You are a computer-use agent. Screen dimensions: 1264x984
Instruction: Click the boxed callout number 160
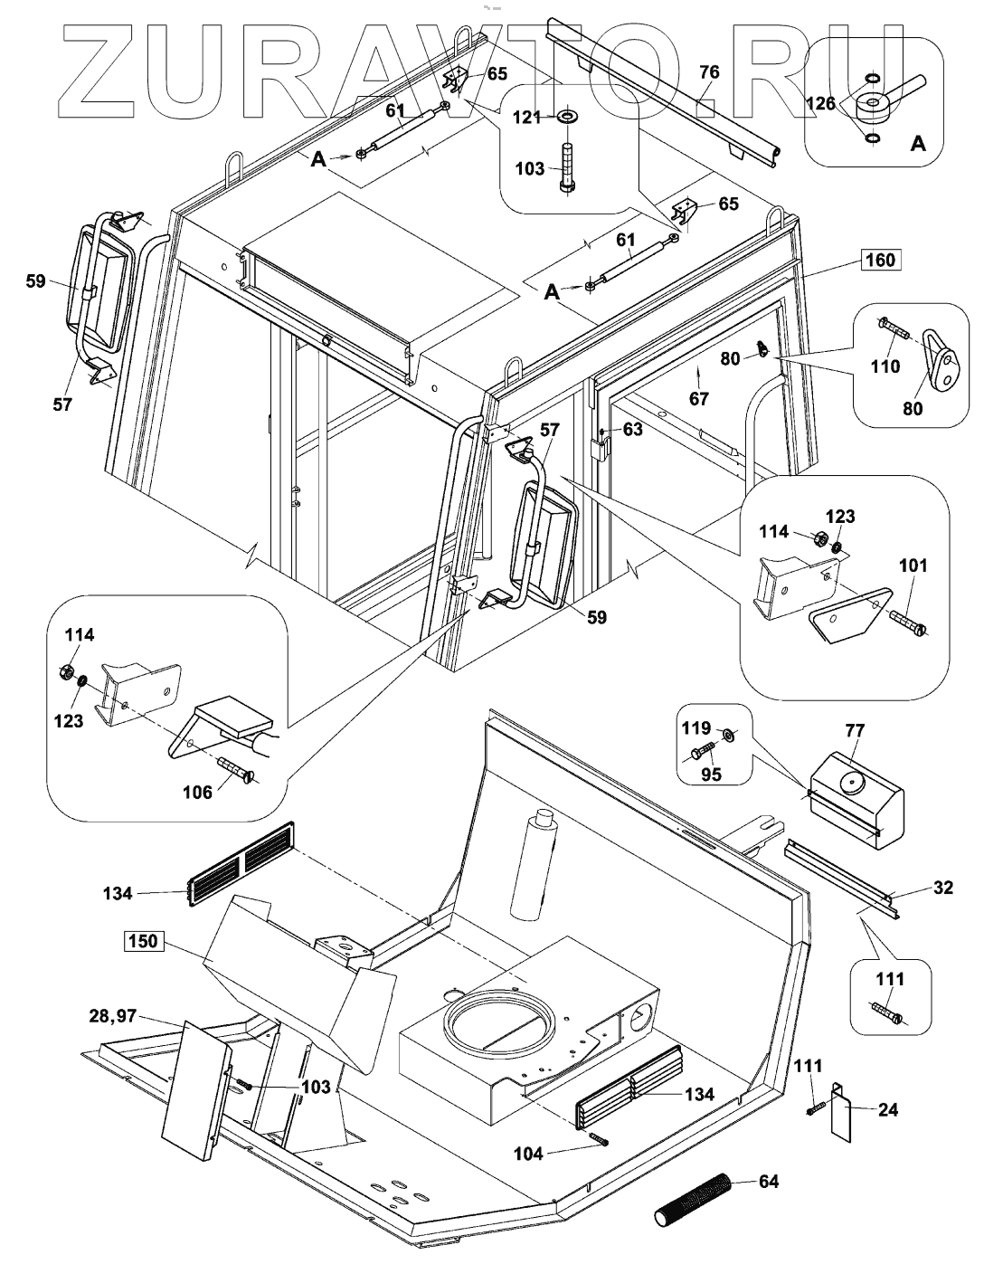point(880,261)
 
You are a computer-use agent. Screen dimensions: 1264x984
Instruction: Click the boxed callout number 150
point(143,941)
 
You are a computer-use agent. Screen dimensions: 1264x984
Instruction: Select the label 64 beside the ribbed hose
point(769,1182)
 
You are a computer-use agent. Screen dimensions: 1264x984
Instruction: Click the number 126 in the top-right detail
point(821,103)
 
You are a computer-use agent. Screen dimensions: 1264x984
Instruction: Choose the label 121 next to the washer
point(528,118)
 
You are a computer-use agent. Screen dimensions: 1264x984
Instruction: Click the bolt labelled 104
point(599,1140)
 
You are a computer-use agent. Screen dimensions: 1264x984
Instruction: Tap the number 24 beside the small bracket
point(888,1109)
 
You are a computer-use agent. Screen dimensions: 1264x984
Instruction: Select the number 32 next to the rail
point(943,888)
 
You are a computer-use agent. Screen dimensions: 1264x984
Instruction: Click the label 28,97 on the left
point(112,1016)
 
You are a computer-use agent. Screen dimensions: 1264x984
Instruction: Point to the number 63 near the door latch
point(633,429)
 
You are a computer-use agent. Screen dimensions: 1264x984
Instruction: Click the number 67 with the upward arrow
point(699,398)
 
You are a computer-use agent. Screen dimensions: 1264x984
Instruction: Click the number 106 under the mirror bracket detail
point(197,793)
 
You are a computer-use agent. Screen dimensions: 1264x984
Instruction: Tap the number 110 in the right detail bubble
point(885,366)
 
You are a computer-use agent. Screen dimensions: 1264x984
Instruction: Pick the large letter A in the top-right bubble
point(917,143)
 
